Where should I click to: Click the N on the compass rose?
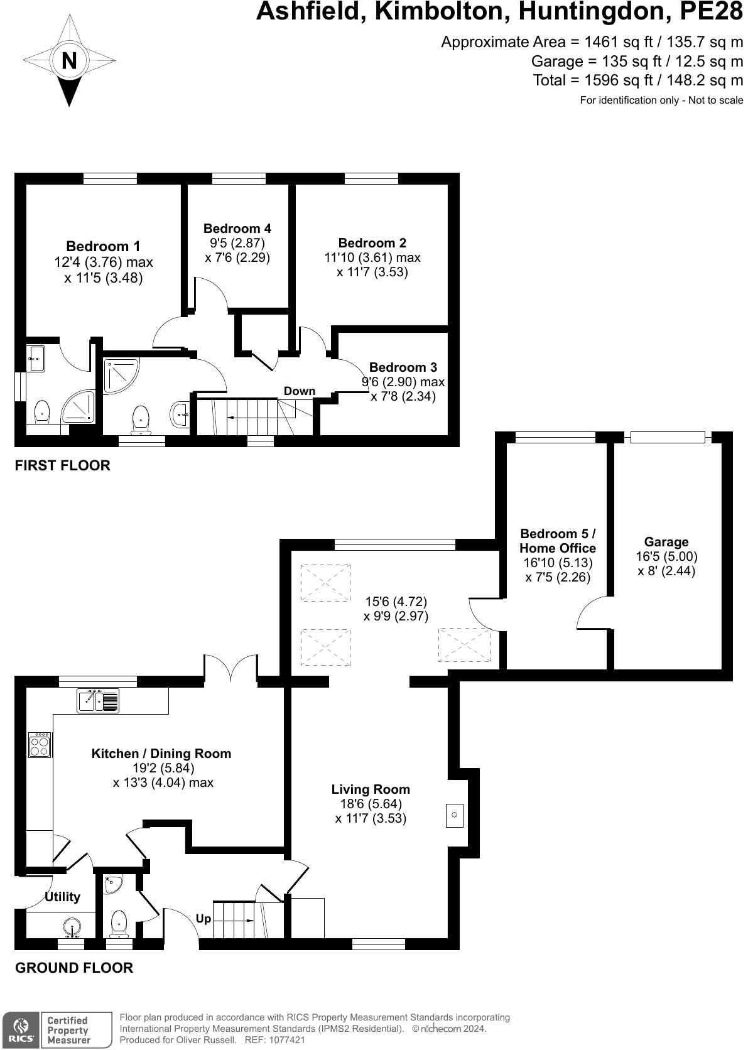tap(69, 61)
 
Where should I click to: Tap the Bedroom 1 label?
tap(103, 246)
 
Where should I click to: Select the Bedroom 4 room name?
tap(237, 229)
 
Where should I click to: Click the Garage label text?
tap(666, 542)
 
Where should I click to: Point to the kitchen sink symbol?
tap(98, 700)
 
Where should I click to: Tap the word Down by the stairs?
tap(299, 391)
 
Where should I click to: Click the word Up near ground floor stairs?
tap(203, 919)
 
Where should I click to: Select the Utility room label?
tap(62, 897)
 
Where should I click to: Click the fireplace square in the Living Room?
tap(455, 815)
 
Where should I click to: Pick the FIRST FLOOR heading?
tap(62, 465)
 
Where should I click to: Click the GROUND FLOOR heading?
tap(74, 968)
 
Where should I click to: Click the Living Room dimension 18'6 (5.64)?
tap(371, 804)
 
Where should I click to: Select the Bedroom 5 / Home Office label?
tap(558, 541)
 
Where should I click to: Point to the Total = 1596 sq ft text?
tap(637, 80)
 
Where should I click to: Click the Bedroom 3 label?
tap(403, 367)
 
